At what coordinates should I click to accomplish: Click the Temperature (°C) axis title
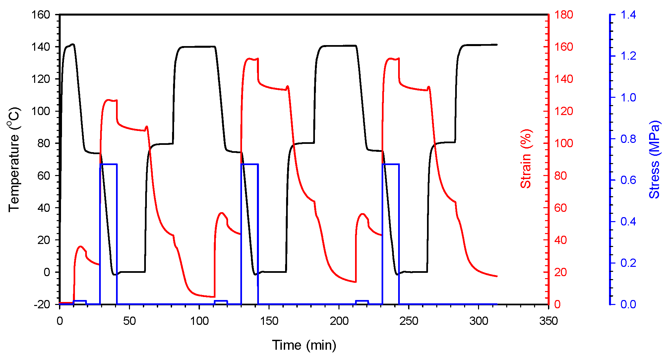[14, 159]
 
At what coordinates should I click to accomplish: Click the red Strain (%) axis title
[526, 159]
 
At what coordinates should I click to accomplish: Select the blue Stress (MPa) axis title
[654, 159]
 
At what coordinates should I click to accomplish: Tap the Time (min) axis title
[304, 345]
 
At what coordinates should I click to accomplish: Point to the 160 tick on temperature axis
[40, 15]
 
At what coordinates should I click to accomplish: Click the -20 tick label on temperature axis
[42, 304]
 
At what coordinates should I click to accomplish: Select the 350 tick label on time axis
[548, 321]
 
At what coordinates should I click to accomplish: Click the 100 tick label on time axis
[199, 321]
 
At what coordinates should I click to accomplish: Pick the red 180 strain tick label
[564, 15]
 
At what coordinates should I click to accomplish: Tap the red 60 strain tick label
[561, 208]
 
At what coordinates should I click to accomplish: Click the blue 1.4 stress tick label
[628, 15]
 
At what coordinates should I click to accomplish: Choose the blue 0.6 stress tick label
[628, 180]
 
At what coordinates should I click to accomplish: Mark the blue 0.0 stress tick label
[628, 304]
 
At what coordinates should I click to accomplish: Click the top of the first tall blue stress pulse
[108, 164]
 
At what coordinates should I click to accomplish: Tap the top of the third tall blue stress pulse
[391, 164]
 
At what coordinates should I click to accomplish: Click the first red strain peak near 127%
[108, 100]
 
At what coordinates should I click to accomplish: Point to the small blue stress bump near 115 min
[221, 301]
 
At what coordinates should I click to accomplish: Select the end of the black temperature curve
[497, 44]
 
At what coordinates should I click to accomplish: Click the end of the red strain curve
[497, 276]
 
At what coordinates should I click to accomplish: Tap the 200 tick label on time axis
[339, 321]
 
